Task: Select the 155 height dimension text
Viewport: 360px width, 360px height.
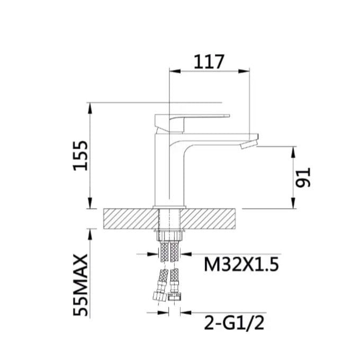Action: [x=80, y=156]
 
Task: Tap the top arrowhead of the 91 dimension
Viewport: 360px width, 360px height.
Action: [x=293, y=152]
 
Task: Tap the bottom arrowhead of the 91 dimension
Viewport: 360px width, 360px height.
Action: [x=293, y=204]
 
